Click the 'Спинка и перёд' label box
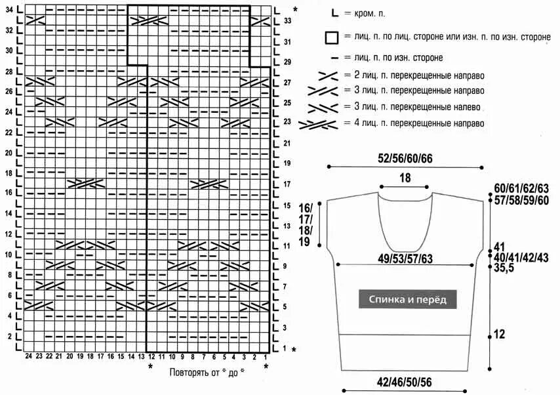[x=407, y=299]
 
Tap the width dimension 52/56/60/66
[x=405, y=158]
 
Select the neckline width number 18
[x=405, y=178]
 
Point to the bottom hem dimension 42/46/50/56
[x=404, y=383]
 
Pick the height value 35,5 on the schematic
[x=504, y=268]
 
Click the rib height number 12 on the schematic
[x=499, y=335]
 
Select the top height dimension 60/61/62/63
[x=521, y=188]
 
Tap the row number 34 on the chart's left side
[x=9, y=9]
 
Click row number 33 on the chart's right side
[x=287, y=21]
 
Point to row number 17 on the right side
[x=287, y=184]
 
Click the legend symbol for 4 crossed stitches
[x=317, y=123]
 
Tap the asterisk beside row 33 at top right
[x=294, y=9]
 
